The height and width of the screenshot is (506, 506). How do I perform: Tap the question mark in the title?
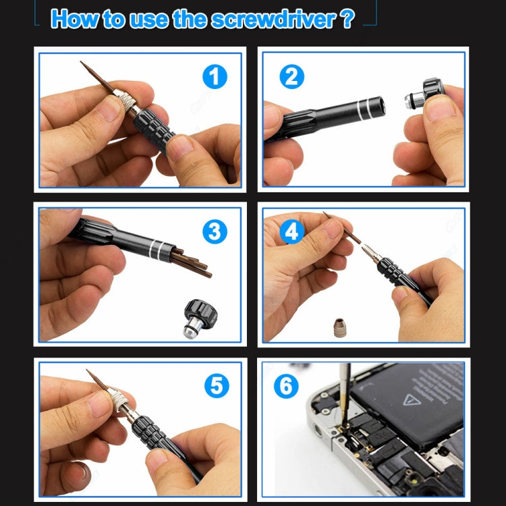347,18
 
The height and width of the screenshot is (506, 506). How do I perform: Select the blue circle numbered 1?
215,76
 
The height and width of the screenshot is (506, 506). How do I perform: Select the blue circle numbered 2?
291,76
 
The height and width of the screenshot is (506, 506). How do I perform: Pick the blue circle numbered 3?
215,231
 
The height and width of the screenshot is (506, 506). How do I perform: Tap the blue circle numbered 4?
291,231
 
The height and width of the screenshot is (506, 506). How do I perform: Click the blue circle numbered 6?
286,387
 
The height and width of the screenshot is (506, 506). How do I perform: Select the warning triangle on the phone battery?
409,399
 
